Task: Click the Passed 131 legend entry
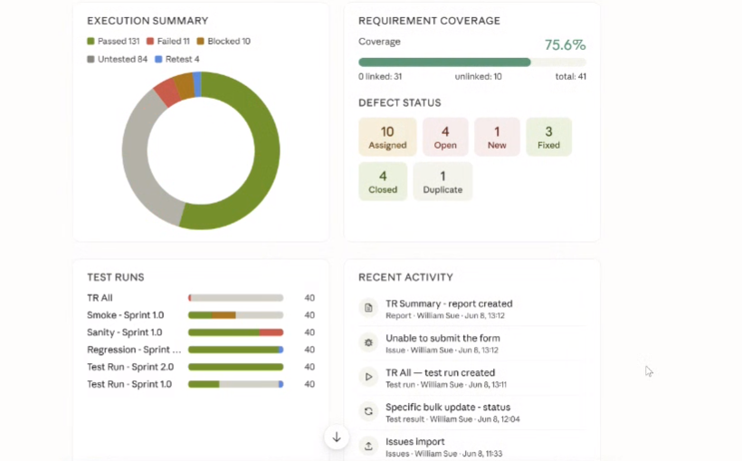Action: (x=113, y=42)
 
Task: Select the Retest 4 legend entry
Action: (x=177, y=59)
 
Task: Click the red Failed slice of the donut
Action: (x=167, y=91)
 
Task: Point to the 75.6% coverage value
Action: (x=565, y=45)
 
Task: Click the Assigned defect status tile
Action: (x=387, y=137)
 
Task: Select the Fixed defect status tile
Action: (x=548, y=137)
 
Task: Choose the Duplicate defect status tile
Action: (x=442, y=181)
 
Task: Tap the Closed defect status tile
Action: (x=383, y=181)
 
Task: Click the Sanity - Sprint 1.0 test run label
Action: (x=125, y=332)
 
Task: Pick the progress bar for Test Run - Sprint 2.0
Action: (x=235, y=367)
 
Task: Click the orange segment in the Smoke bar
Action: (x=224, y=315)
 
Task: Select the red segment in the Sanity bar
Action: (x=271, y=332)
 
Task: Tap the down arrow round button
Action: (x=337, y=437)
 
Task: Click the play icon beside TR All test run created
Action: (x=368, y=377)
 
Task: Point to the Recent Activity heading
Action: (x=405, y=277)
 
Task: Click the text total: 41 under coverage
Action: (x=571, y=77)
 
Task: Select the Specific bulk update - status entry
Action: (x=448, y=408)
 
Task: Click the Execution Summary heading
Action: (x=147, y=21)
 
